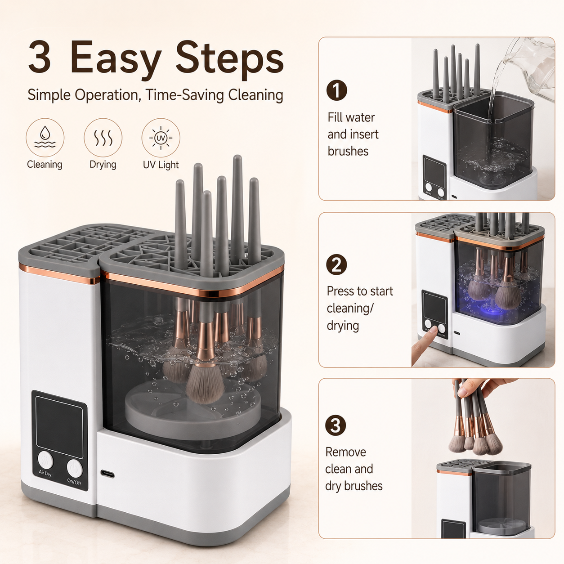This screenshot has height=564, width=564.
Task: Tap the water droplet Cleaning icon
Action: [x=45, y=137]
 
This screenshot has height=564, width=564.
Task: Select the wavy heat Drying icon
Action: [x=103, y=137]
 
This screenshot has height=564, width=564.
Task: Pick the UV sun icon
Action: [x=161, y=138]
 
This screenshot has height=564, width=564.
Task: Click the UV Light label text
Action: [x=161, y=165]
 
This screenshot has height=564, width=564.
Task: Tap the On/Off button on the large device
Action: [x=74, y=468]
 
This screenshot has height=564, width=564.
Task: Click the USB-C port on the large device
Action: [x=107, y=474]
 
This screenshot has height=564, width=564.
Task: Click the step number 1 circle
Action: [x=336, y=90]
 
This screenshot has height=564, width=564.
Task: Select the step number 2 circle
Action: [x=336, y=264]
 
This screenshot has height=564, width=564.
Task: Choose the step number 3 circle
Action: [x=336, y=425]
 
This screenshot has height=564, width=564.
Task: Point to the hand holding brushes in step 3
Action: [x=483, y=388]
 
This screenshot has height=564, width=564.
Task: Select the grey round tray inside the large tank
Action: [x=192, y=410]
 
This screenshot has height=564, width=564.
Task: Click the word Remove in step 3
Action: [x=346, y=452]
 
